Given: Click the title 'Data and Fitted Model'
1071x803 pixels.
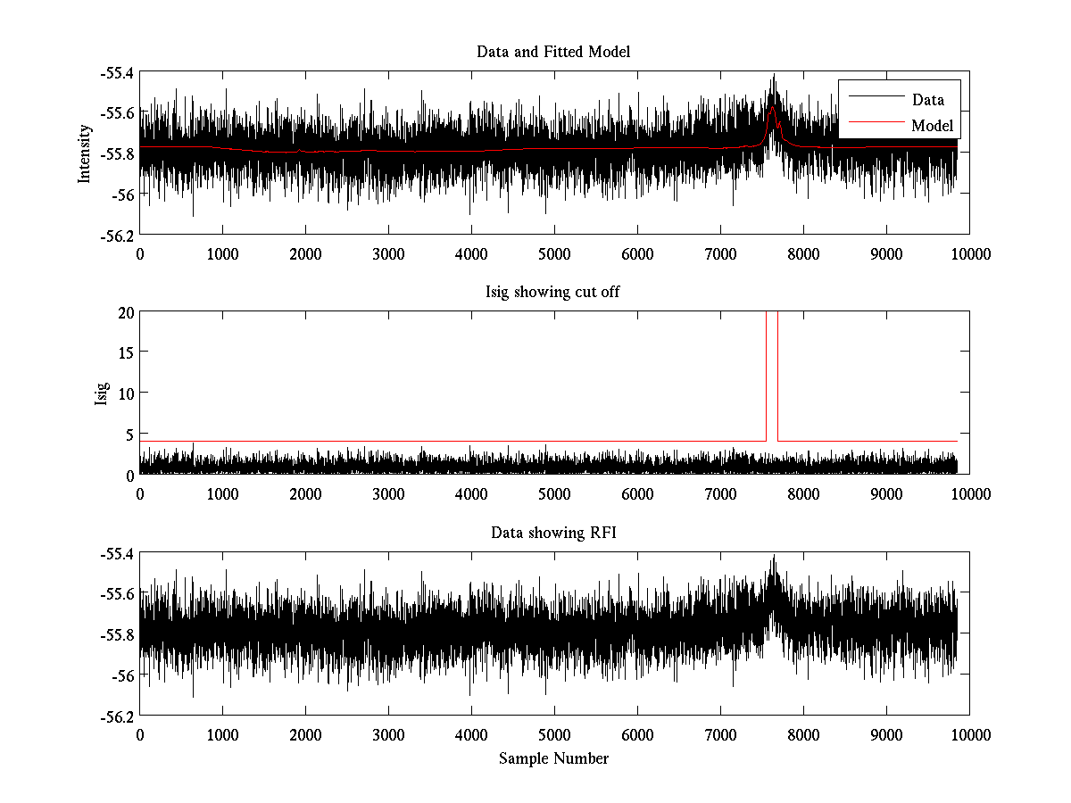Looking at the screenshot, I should click(x=553, y=52).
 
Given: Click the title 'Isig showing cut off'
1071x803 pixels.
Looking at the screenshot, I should click(x=553, y=293).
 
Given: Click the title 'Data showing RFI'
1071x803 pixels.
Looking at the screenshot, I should click(x=553, y=533).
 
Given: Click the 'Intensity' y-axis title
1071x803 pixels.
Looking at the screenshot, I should click(x=85, y=153).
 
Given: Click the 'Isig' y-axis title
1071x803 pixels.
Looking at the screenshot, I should click(x=102, y=393).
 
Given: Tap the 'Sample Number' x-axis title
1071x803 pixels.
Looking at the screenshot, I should click(x=553, y=758).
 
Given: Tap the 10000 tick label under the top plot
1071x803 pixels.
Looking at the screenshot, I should click(x=969, y=253).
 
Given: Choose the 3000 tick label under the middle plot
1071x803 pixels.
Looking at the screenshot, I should click(x=388, y=493).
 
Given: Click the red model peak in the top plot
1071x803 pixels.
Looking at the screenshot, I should click(x=772, y=107).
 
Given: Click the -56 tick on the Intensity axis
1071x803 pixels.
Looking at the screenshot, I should click(x=122, y=195).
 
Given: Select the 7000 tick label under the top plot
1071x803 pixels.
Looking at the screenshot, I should click(x=720, y=253).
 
